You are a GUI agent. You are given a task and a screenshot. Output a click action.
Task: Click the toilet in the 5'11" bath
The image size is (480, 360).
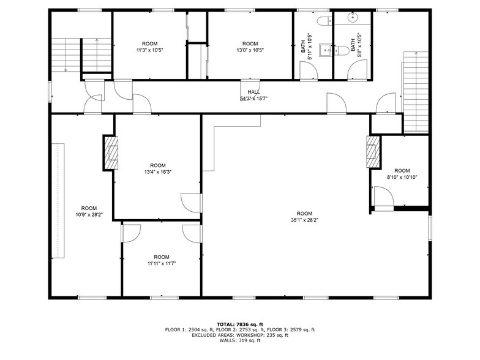click(323, 21)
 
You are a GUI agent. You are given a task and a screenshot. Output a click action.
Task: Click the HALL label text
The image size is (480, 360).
click(253, 92)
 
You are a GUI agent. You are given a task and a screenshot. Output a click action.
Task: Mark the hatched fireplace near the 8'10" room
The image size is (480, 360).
click(373, 152)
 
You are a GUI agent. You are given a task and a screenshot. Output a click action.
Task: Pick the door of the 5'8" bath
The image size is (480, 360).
click(356, 70)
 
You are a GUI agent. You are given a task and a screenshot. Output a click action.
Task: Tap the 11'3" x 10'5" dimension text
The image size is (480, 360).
click(150, 50)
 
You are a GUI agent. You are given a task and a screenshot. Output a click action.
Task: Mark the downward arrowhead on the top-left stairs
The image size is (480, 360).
click(66, 70)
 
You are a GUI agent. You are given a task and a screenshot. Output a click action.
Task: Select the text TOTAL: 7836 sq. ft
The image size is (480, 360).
click(239, 323)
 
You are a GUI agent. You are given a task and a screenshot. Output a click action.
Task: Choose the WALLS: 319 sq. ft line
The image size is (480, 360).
click(239, 340)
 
